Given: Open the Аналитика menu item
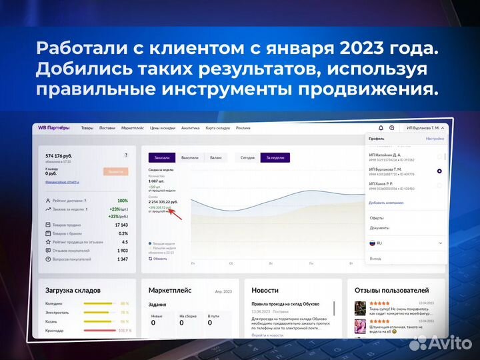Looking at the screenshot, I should (190, 128).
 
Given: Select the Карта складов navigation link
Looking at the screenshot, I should (217, 128).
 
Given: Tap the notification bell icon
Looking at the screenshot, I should (381, 128).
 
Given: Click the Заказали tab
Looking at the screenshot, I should (162, 158).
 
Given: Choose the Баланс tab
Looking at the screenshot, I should (215, 158).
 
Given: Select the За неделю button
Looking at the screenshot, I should (275, 158).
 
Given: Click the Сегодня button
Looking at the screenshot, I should (247, 158).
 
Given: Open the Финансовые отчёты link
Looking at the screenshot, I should (62, 182).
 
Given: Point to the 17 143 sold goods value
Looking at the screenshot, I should (121, 225).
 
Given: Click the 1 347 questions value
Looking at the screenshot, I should (122, 259).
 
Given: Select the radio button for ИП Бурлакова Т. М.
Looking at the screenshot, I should (439, 171).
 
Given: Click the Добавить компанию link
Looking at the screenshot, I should (386, 201).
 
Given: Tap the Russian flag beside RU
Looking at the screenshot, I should (373, 243).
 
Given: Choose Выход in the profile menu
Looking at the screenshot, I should (375, 258).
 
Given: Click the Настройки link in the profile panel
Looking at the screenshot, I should (435, 139).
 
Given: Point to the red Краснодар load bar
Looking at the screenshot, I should (99, 330).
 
